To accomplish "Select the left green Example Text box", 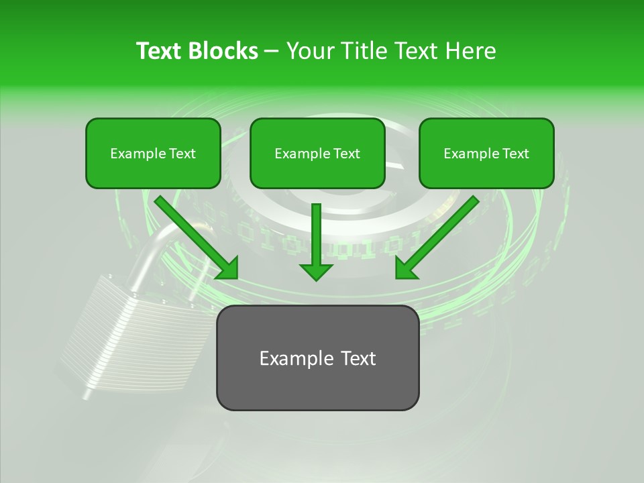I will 153,154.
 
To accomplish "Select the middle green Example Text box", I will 317,154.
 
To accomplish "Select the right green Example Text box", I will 486,154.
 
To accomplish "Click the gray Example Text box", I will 317,358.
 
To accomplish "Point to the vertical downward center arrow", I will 316,235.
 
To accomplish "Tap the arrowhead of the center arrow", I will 316,271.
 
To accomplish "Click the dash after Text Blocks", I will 272,52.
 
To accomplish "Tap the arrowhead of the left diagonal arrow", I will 228,268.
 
